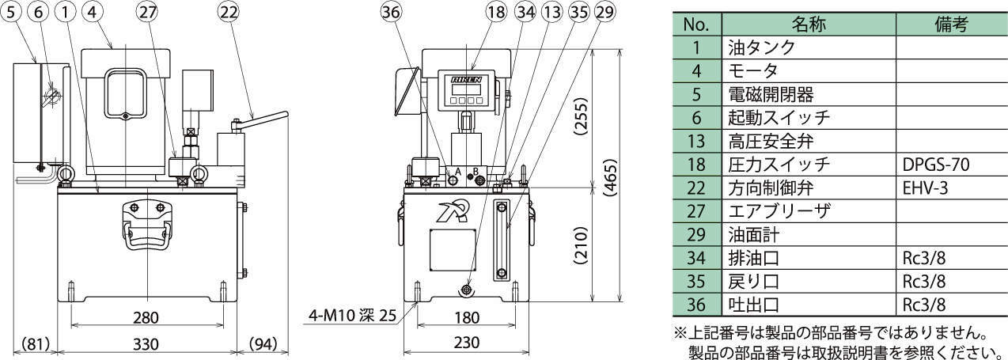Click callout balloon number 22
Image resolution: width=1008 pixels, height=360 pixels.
pos(229,12)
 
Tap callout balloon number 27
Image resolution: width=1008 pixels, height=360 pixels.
pos(147,12)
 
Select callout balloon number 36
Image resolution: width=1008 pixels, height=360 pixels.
pos(390,12)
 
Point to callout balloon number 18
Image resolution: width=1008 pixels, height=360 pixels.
pos(496,12)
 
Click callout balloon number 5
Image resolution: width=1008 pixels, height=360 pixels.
pos(12,12)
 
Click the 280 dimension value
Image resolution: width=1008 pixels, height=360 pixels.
pos(146,318)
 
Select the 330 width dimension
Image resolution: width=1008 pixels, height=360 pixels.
pos(146,344)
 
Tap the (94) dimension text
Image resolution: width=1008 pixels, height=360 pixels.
pos(263,344)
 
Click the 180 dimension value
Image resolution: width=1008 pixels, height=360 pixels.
pos(467,318)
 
